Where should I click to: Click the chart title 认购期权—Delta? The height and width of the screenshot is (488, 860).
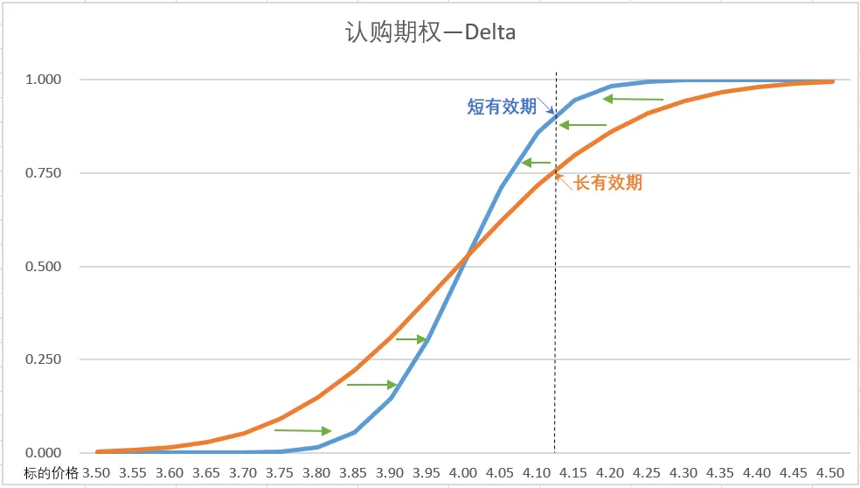tap(429, 34)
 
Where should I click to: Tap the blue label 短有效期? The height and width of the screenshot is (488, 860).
tap(502, 107)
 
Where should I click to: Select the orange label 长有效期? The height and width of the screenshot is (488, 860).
tap(608, 183)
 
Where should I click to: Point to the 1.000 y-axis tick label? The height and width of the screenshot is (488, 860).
tap(43, 80)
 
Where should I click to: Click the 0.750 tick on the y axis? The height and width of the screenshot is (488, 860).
tap(43, 173)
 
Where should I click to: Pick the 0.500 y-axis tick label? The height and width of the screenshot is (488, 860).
tap(43, 267)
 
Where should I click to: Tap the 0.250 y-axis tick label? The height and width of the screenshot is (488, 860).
tap(43, 359)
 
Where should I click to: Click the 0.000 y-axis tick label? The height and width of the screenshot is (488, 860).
tap(43, 453)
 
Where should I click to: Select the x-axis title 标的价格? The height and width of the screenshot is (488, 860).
tap(52, 473)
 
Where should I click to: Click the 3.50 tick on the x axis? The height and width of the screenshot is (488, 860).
tap(96, 473)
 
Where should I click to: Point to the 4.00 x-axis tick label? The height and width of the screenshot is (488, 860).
tap(464, 473)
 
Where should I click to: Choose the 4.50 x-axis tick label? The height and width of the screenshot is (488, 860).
tap(831, 473)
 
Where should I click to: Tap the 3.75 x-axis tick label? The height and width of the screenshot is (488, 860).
tap(280, 473)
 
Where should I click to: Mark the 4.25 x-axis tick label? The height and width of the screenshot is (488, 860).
tap(648, 473)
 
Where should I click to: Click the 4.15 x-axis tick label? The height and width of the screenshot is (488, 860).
tap(574, 473)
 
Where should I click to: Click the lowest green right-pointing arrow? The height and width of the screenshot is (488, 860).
tap(302, 430)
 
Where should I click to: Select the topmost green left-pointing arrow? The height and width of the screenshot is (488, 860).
tap(634, 100)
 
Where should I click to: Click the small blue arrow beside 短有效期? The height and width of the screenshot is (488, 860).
tap(545, 106)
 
